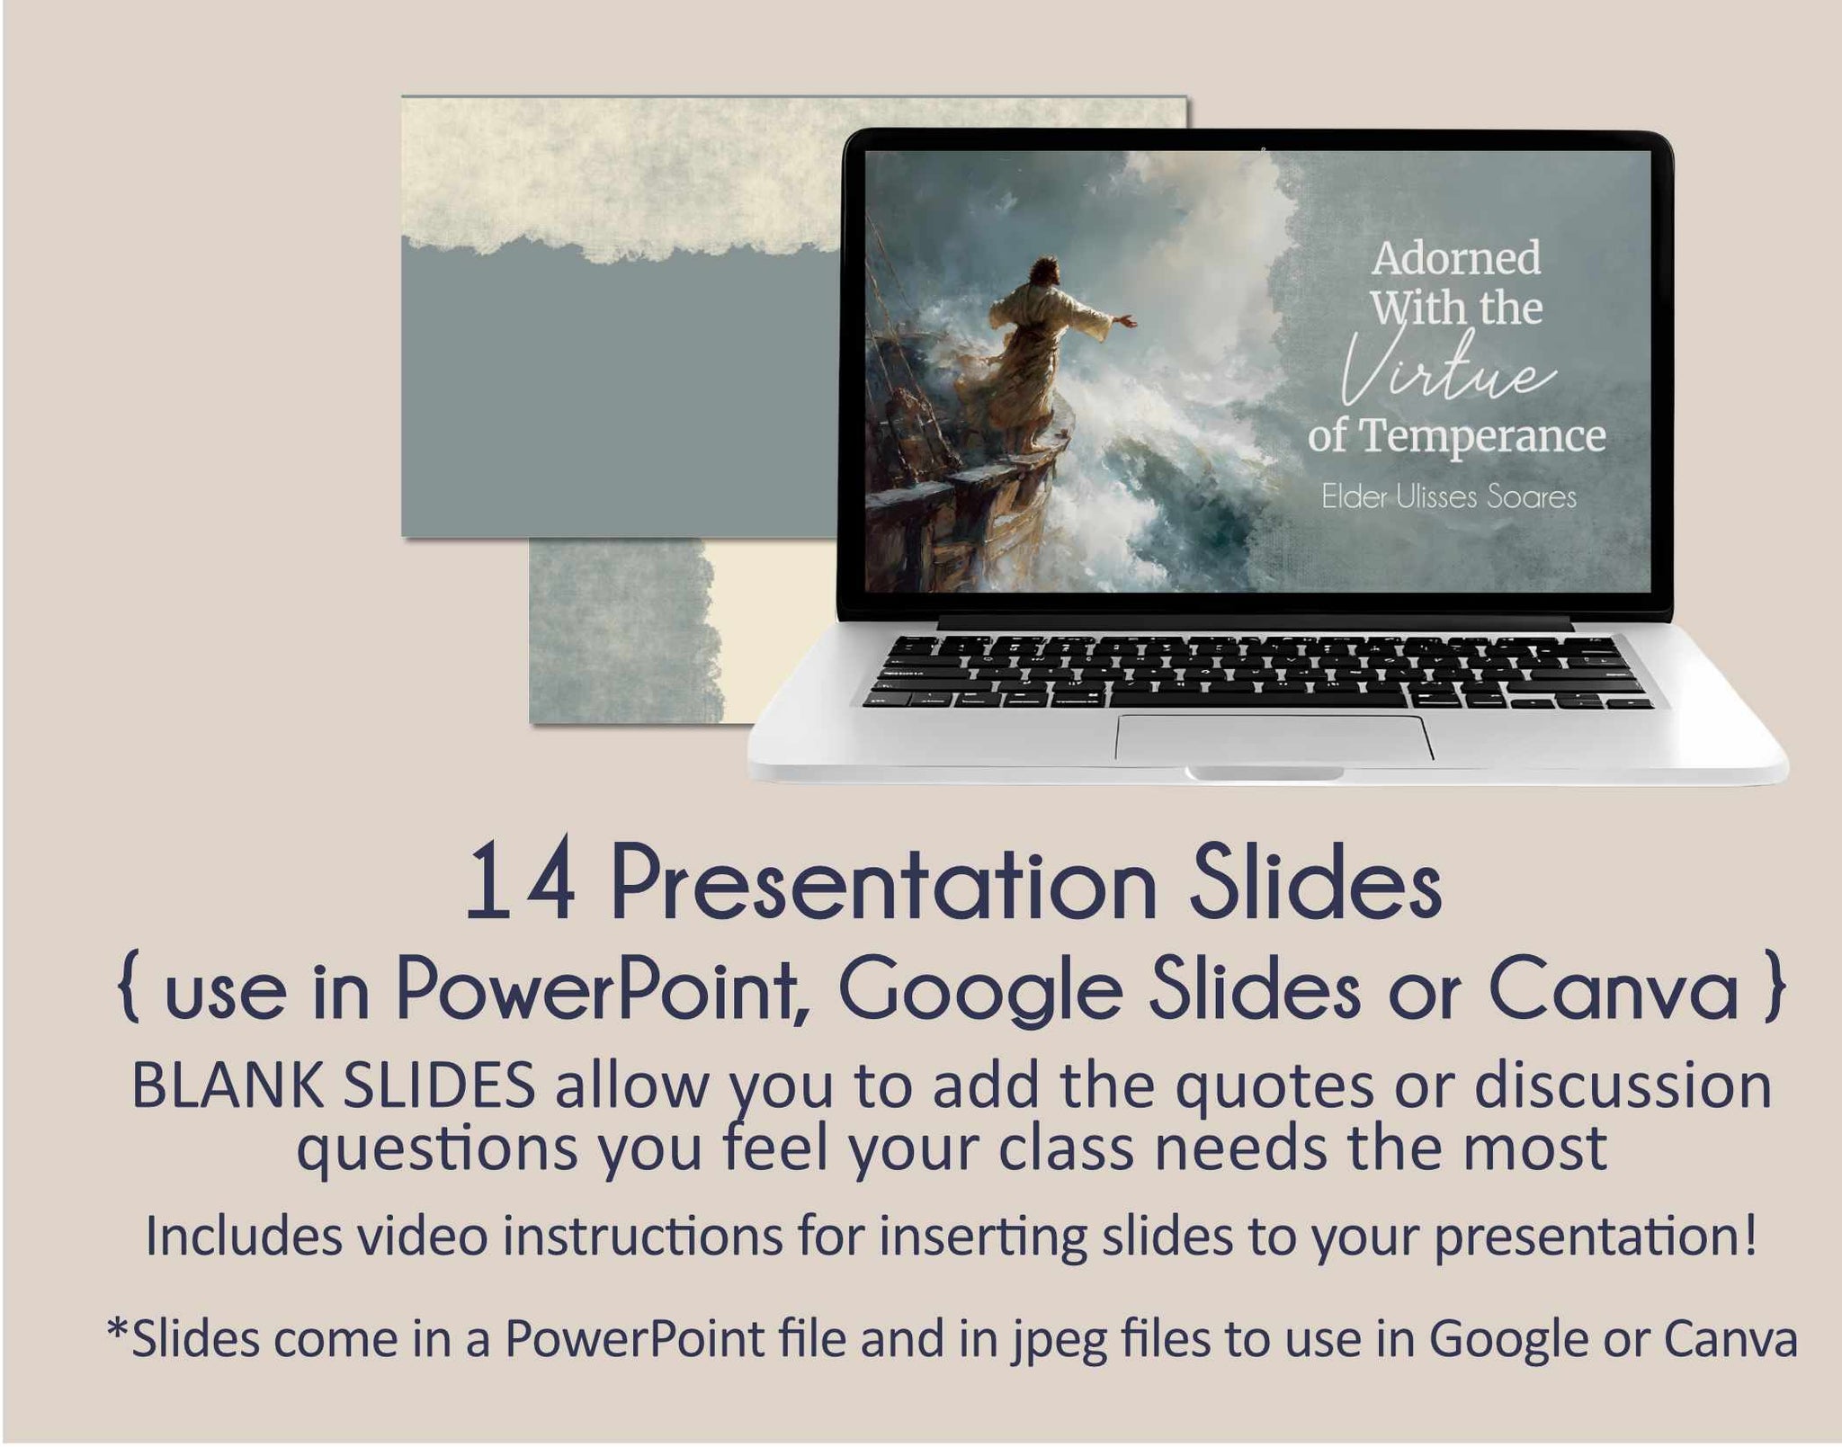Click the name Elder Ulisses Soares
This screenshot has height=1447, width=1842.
point(1449,497)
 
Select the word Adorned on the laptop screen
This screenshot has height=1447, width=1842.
point(1456,258)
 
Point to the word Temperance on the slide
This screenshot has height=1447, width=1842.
point(1482,437)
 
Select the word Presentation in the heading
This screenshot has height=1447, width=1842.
point(884,886)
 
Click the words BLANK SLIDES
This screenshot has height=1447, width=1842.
point(334,1086)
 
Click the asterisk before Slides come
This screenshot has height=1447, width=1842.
point(118,1329)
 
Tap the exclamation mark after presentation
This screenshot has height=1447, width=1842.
point(1749,1235)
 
